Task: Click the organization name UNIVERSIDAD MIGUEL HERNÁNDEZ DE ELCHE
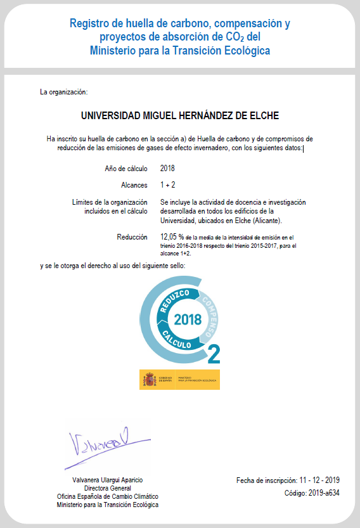pos(180,115)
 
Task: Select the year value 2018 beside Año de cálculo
pos(167,168)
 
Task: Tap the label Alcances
pos(134,185)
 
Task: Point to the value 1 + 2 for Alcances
pos(167,185)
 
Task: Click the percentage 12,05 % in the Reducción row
pos(172,236)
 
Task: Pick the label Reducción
pos(132,236)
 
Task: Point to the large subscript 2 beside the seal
pos(214,352)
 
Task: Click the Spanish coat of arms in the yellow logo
pos(150,380)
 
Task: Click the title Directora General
pos(107,489)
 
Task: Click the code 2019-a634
pos(321,493)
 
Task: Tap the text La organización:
pos(63,92)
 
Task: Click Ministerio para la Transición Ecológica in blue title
pos(180,49)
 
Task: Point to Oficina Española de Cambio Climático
pos(107,496)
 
